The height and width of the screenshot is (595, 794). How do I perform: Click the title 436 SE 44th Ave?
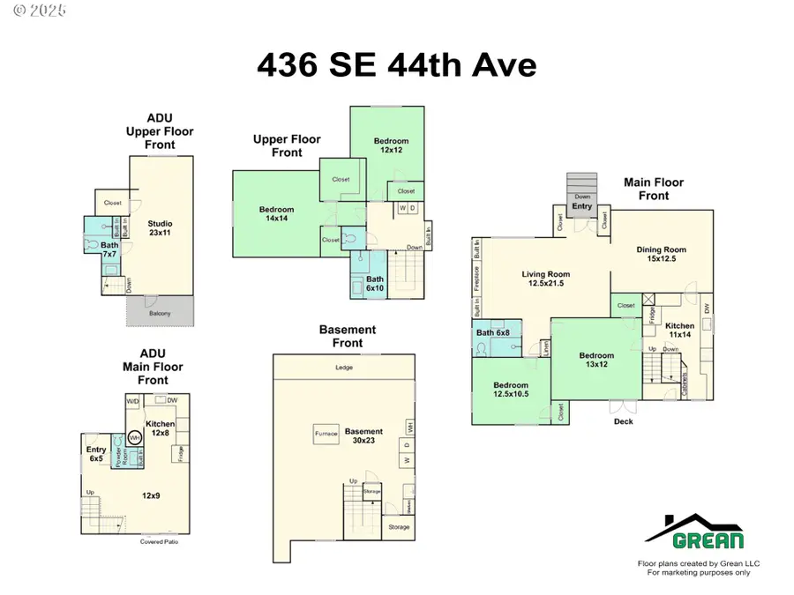click(396, 65)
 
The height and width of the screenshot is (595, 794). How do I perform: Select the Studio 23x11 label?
click(160, 228)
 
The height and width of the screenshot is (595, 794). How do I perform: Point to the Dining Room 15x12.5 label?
click(661, 255)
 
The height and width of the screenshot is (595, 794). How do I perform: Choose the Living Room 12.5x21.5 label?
click(545, 279)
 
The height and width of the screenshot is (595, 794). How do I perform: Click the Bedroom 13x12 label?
click(595, 361)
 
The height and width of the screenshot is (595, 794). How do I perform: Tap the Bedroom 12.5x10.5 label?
click(510, 390)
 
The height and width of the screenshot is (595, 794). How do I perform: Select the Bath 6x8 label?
click(493, 332)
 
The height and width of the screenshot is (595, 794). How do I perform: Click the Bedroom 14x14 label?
click(276, 214)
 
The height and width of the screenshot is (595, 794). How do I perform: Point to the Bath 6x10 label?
click(374, 284)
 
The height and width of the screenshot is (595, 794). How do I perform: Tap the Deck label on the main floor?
click(624, 421)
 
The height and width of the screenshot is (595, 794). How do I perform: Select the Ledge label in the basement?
click(344, 368)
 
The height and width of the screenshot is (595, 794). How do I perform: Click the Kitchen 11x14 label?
click(679, 331)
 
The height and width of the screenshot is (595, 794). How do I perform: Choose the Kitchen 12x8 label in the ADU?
click(160, 428)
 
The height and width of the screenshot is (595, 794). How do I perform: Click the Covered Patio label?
click(160, 541)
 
